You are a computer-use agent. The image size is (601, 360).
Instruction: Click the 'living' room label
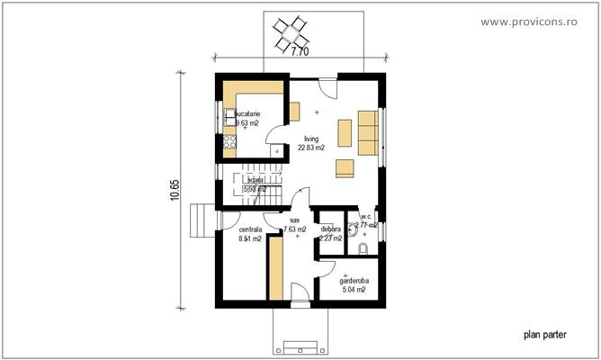(311, 139)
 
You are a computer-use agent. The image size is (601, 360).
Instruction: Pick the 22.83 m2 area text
(312, 148)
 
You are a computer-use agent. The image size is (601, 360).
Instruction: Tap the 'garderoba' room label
(353, 280)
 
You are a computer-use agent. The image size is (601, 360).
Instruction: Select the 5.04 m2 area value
(353, 290)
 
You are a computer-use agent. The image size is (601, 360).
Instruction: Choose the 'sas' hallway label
(295, 220)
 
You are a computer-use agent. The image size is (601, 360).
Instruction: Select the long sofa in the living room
(368, 133)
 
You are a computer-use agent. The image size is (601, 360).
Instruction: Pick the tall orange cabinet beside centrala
(276, 267)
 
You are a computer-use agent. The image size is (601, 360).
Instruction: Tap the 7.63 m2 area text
(295, 229)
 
